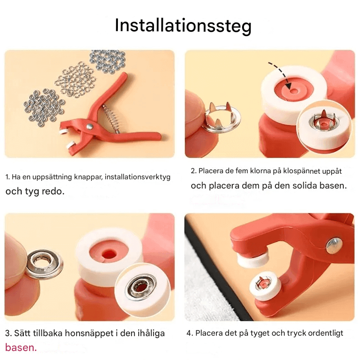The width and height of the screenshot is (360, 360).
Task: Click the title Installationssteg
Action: pos(183,26)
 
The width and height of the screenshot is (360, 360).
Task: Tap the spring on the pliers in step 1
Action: pos(109,117)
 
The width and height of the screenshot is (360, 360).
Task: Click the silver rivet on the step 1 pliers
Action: pos(90,127)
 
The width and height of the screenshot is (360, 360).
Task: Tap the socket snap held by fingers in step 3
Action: pos(44,264)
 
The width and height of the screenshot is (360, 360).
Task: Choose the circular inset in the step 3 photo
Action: pos(142,292)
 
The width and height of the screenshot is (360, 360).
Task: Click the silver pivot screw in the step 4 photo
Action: pos(334,245)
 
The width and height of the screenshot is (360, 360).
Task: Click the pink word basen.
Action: pos(20,347)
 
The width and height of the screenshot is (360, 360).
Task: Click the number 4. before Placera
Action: pos(190,333)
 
